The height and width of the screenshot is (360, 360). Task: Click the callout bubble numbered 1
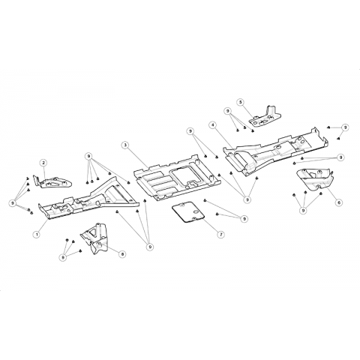click(x=37, y=234)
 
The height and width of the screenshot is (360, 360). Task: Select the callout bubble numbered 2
click(x=43, y=163)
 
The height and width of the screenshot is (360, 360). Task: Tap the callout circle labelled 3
click(x=125, y=145)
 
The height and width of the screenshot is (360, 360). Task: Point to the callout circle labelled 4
click(x=213, y=125)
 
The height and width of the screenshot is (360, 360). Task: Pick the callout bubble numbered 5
click(x=241, y=102)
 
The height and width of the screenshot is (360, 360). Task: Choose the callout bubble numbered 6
click(x=339, y=202)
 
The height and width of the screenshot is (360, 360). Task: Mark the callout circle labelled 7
click(x=220, y=234)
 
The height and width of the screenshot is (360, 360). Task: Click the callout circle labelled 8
click(x=122, y=254)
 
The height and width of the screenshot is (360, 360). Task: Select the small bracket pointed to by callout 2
click(x=54, y=182)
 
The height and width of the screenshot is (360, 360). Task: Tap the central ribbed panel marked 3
click(x=175, y=178)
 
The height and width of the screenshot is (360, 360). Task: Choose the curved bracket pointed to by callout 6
click(x=315, y=179)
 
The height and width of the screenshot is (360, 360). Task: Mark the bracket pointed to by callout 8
click(x=94, y=238)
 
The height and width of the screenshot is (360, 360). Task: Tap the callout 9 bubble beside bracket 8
click(x=63, y=257)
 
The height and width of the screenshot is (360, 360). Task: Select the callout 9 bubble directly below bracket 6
click(x=303, y=211)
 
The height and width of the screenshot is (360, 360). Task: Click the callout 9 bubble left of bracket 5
click(x=227, y=111)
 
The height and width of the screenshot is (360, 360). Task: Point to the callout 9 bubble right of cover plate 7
click(x=244, y=219)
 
